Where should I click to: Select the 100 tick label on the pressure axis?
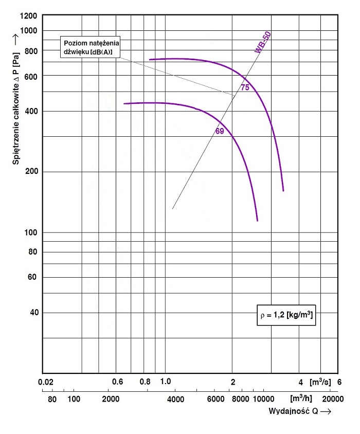pyautogui.click(x=31, y=232)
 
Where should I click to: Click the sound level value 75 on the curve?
pyautogui.click(x=245, y=88)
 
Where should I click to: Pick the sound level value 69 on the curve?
pyautogui.click(x=220, y=131)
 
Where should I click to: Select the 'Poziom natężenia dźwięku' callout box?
pyautogui.click(x=90, y=47)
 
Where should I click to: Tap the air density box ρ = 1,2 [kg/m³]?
pyautogui.click(x=285, y=315)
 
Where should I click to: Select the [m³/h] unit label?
pyautogui.click(x=301, y=399)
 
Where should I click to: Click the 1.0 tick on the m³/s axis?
pyautogui.click(x=165, y=382)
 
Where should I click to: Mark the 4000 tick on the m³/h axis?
pyautogui.click(x=175, y=399)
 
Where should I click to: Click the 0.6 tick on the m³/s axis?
pyautogui.click(x=118, y=382)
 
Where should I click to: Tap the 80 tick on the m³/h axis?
pyautogui.click(x=52, y=399)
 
